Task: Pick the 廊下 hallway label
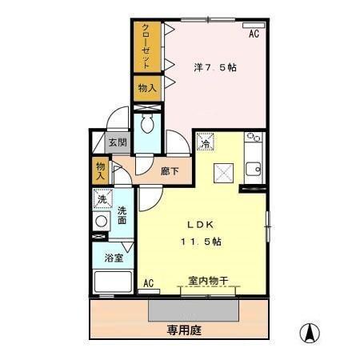coord(170,170)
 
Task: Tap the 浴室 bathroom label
coord(113,258)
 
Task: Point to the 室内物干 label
coord(209,281)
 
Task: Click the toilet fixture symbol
coord(146,123)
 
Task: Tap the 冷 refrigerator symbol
coord(206,143)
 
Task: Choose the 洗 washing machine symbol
coord(102,200)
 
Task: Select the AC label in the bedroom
coord(254,34)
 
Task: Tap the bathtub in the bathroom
coord(112,282)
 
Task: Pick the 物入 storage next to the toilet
coord(146,86)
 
